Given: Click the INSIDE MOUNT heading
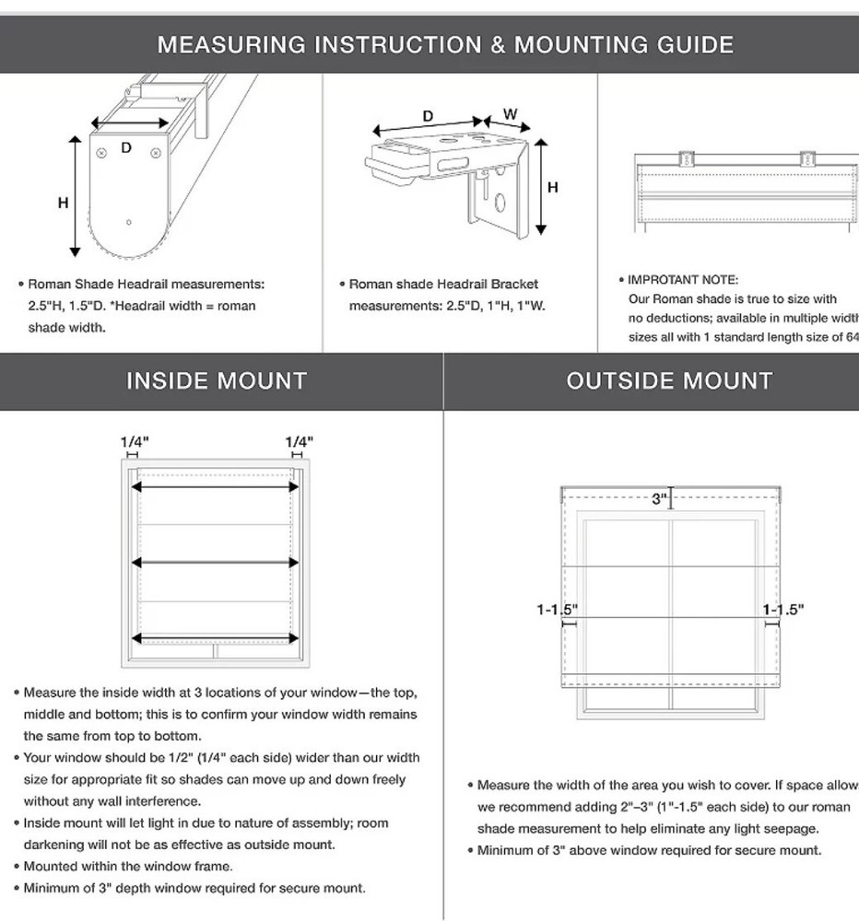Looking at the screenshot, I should click(217, 381).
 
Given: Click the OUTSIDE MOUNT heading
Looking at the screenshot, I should click(669, 381).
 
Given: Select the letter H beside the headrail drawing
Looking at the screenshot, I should click(63, 203).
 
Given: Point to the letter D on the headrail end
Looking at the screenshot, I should click(127, 147).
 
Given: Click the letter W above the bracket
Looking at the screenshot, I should click(510, 114).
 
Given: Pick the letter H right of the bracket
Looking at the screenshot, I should click(553, 188).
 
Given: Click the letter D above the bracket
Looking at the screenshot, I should click(428, 116).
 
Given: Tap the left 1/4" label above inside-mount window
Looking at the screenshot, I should click(135, 441).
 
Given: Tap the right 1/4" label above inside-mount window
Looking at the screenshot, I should click(299, 441).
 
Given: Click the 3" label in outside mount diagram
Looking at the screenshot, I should click(659, 498).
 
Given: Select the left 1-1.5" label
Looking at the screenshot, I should click(557, 609).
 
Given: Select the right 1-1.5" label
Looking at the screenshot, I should click(783, 609).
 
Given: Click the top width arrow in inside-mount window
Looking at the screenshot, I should click(217, 486).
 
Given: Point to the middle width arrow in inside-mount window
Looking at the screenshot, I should click(217, 562).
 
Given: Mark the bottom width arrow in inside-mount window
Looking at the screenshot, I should click(217, 637).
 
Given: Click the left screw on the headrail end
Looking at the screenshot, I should click(101, 152).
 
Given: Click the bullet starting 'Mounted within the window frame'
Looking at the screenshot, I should click(128, 866).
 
